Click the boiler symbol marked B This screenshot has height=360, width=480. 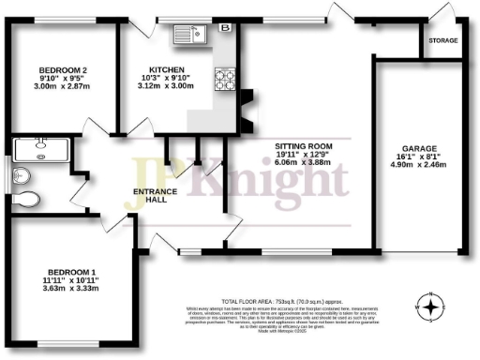coord(223,29)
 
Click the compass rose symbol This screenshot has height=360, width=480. coord(430,306)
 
